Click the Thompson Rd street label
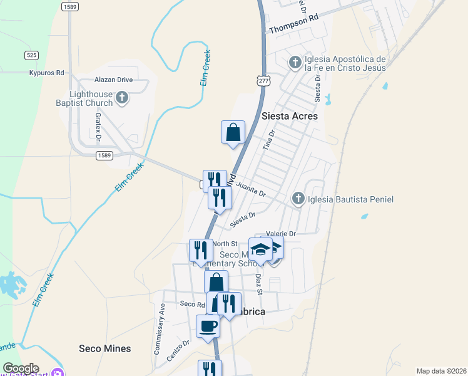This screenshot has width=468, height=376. (x=293, y=24)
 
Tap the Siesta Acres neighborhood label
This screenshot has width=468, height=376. (x=289, y=116)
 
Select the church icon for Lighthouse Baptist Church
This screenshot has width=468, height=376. (x=122, y=97)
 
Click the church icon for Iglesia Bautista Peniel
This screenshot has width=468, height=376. (x=298, y=199)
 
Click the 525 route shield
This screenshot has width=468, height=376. (x=32, y=55)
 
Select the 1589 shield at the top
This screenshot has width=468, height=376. (x=70, y=6)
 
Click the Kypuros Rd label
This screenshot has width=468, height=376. (x=47, y=73)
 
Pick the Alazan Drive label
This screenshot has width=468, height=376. (x=113, y=80)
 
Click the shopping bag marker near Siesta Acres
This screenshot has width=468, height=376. (x=233, y=132)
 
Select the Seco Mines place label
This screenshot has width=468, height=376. (x=105, y=348)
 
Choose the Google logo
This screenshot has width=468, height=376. (x=21, y=368)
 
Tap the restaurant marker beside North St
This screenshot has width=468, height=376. (x=201, y=250)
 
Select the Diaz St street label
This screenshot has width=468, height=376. (x=258, y=282)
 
